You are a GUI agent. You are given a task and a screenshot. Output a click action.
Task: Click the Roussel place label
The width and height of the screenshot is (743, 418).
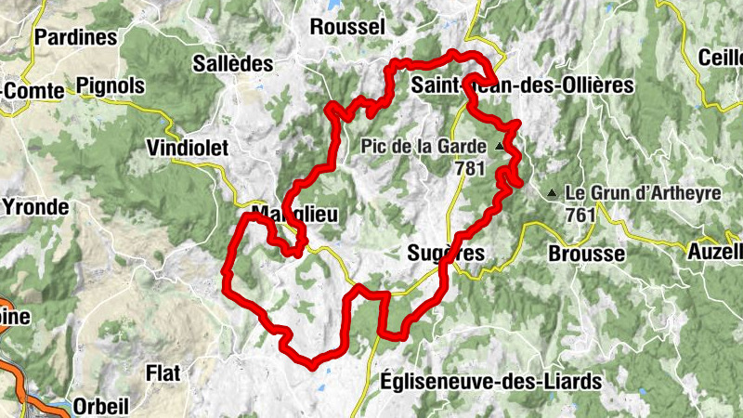pos(346,27)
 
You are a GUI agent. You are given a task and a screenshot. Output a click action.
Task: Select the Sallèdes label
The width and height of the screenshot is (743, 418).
pos(233,64)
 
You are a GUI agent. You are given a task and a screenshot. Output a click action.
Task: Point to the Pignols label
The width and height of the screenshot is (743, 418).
pos(111,86)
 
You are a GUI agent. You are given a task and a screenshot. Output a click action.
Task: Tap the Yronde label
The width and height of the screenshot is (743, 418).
pos(36,206)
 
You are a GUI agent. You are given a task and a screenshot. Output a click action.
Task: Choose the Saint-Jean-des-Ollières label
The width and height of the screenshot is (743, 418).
pos(520,85)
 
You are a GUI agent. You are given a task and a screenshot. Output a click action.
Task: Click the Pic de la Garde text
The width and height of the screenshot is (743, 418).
pos(424,147)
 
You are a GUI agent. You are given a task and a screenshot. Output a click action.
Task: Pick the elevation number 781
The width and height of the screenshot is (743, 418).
pos(472,169)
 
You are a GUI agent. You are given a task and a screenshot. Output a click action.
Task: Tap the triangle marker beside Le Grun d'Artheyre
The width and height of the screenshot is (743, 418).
pos(554,193)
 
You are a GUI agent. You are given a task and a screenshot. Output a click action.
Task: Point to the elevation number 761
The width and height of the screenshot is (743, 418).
pos(580,215)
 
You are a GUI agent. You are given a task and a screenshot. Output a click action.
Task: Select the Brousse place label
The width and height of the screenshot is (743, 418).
pos(586,254)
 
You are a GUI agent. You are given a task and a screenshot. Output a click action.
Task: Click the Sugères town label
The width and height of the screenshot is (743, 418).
pos(446,253)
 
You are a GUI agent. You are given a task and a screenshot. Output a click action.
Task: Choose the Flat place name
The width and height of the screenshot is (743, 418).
pos(163,372)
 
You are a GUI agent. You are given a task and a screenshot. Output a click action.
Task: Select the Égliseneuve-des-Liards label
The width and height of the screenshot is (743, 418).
pos(491,381)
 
